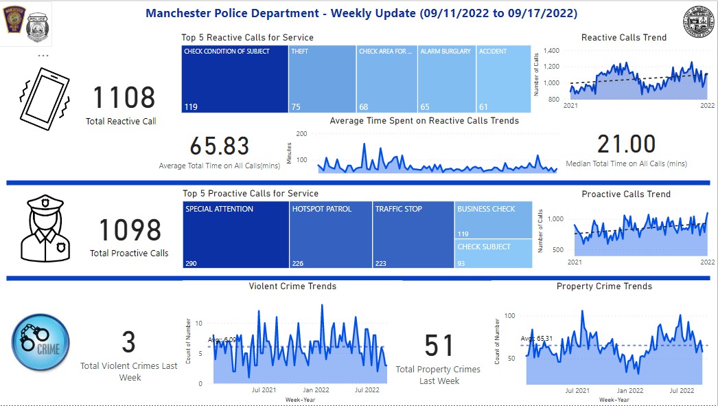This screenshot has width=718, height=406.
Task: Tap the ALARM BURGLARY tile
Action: pyautogui.click(x=446, y=79)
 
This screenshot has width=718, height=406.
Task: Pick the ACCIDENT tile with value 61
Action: pyautogui.click(x=503, y=79)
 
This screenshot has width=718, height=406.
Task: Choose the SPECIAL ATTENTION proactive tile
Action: pyautogui.click(x=236, y=234)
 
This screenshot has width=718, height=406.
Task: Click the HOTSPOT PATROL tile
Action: pyautogui.click(x=331, y=234)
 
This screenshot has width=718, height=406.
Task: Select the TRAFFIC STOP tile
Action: pyautogui.click(x=413, y=234)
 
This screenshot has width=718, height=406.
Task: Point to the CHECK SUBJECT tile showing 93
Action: pyautogui.click(x=494, y=253)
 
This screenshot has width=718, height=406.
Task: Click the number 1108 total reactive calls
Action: pyautogui.click(x=124, y=98)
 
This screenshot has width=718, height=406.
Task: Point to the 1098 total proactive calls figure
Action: pyautogui.click(x=130, y=230)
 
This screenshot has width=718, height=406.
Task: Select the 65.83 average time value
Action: pyautogui.click(x=220, y=146)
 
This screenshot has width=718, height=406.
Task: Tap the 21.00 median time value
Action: pyautogui.click(x=626, y=144)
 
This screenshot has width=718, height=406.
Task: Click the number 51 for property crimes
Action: pyautogui.click(x=439, y=346)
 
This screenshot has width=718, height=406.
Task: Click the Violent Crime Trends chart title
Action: pyautogui.click(x=292, y=286)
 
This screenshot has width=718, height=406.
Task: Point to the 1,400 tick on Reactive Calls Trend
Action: pyautogui.click(x=551, y=51)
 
